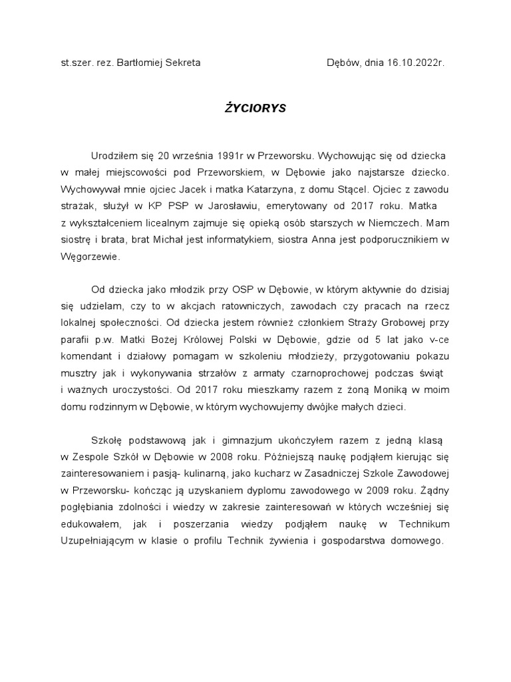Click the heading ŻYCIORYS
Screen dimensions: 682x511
[x=255, y=107]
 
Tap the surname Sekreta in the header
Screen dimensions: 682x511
[x=179, y=63]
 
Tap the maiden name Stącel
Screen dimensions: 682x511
[x=362, y=188]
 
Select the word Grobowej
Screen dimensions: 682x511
[x=390, y=323]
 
